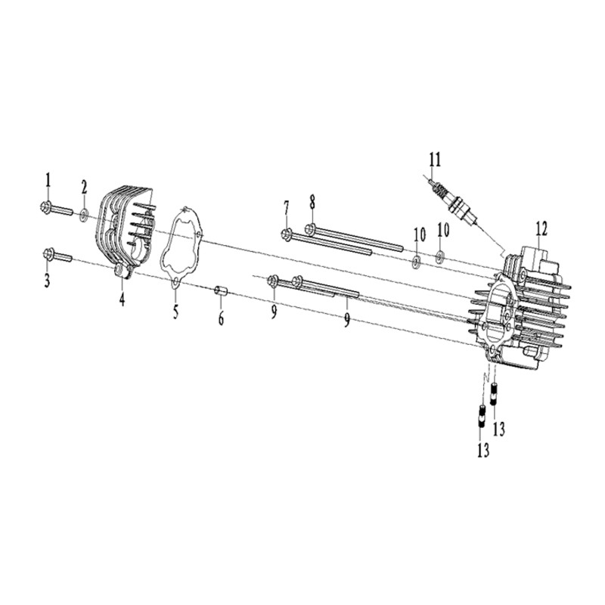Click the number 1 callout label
48,180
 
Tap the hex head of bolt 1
45,206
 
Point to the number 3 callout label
47,281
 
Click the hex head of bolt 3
48,254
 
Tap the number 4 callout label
122,299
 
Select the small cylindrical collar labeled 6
221,290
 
